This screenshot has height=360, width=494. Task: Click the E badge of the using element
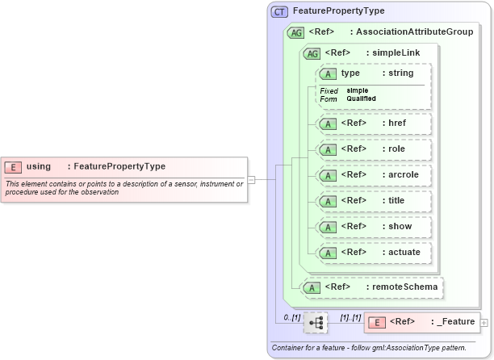(14, 166)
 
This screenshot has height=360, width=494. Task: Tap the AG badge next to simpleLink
(311, 53)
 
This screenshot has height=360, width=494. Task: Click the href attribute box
(374, 123)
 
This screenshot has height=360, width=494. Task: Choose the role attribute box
(374, 149)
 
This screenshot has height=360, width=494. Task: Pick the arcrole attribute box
(374, 175)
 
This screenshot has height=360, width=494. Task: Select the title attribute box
(374, 201)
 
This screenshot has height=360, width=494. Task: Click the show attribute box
(374, 227)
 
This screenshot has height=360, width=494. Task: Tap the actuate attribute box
(374, 253)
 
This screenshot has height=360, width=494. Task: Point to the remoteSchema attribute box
(371, 287)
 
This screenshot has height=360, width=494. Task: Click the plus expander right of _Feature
(484, 323)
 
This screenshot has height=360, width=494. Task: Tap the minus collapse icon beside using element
(251, 179)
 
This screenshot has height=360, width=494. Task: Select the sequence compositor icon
(316, 323)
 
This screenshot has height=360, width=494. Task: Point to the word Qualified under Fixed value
(361, 98)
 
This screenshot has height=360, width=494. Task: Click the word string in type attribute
(400, 73)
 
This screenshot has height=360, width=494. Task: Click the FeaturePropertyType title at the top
(339, 11)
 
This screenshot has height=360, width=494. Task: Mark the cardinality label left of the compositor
(291, 318)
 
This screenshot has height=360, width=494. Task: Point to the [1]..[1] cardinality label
(350, 318)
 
